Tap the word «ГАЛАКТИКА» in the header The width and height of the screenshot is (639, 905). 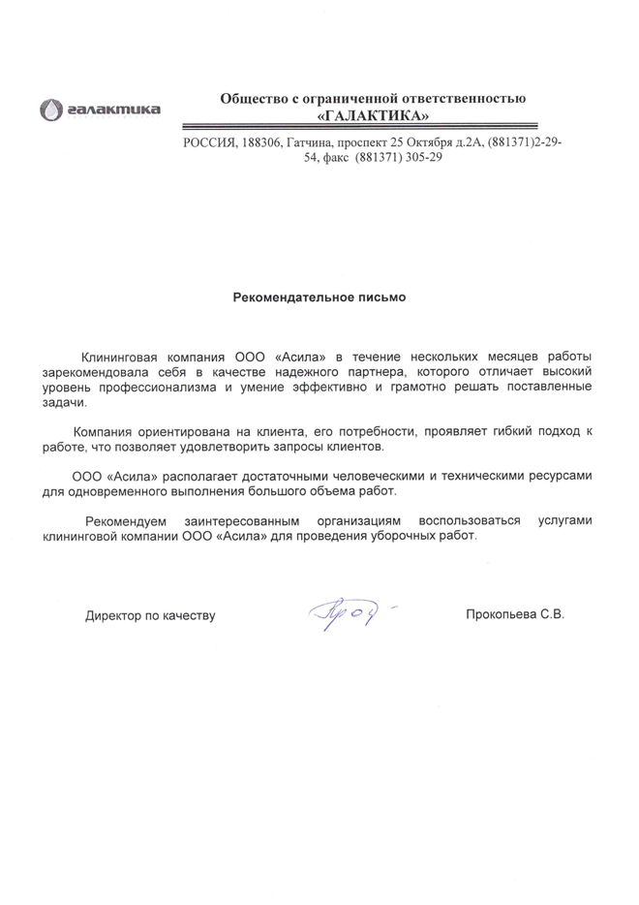tap(373, 115)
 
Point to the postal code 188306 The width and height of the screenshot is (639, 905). tap(259, 142)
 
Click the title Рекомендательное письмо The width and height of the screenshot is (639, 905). tap(319, 297)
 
